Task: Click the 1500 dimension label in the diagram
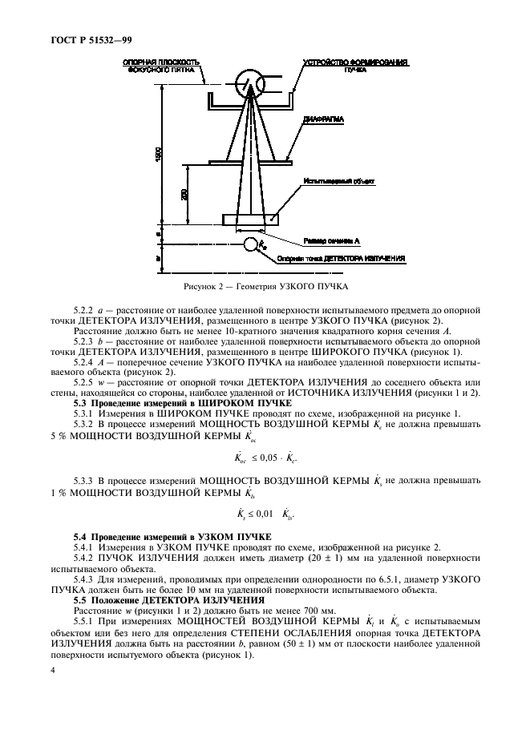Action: tap(160, 152)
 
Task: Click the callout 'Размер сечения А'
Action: tap(332, 240)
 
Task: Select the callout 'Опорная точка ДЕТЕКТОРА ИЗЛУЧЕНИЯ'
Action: tap(340, 259)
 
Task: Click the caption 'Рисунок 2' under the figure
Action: tap(264, 285)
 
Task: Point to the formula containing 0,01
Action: tap(266, 514)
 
